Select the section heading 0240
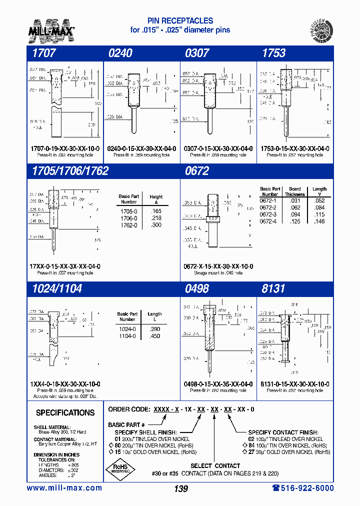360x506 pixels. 120,53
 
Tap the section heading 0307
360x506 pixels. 197,53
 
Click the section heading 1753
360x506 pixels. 273,53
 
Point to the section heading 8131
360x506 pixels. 273,289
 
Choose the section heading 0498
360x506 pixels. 197,289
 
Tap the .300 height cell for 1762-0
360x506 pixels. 155,225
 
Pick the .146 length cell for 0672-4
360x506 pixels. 319,221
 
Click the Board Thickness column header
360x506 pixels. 295,191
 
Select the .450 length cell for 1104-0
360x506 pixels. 154,336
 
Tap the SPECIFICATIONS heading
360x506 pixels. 65,413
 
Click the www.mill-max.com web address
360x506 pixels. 64,488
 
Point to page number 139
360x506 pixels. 181,488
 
